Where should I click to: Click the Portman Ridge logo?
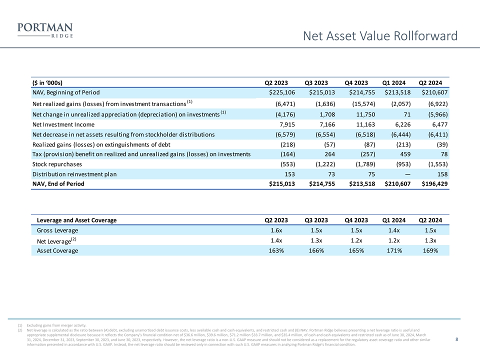tap(45, 30)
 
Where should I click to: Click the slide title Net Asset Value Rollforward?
tap(380, 36)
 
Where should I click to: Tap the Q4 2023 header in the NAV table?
tap(356, 82)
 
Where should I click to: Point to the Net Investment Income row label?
tap(63, 124)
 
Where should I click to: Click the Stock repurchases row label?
tap(57, 164)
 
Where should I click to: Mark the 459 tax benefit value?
tap(405, 154)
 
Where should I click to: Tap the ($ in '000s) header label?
tap(47, 82)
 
